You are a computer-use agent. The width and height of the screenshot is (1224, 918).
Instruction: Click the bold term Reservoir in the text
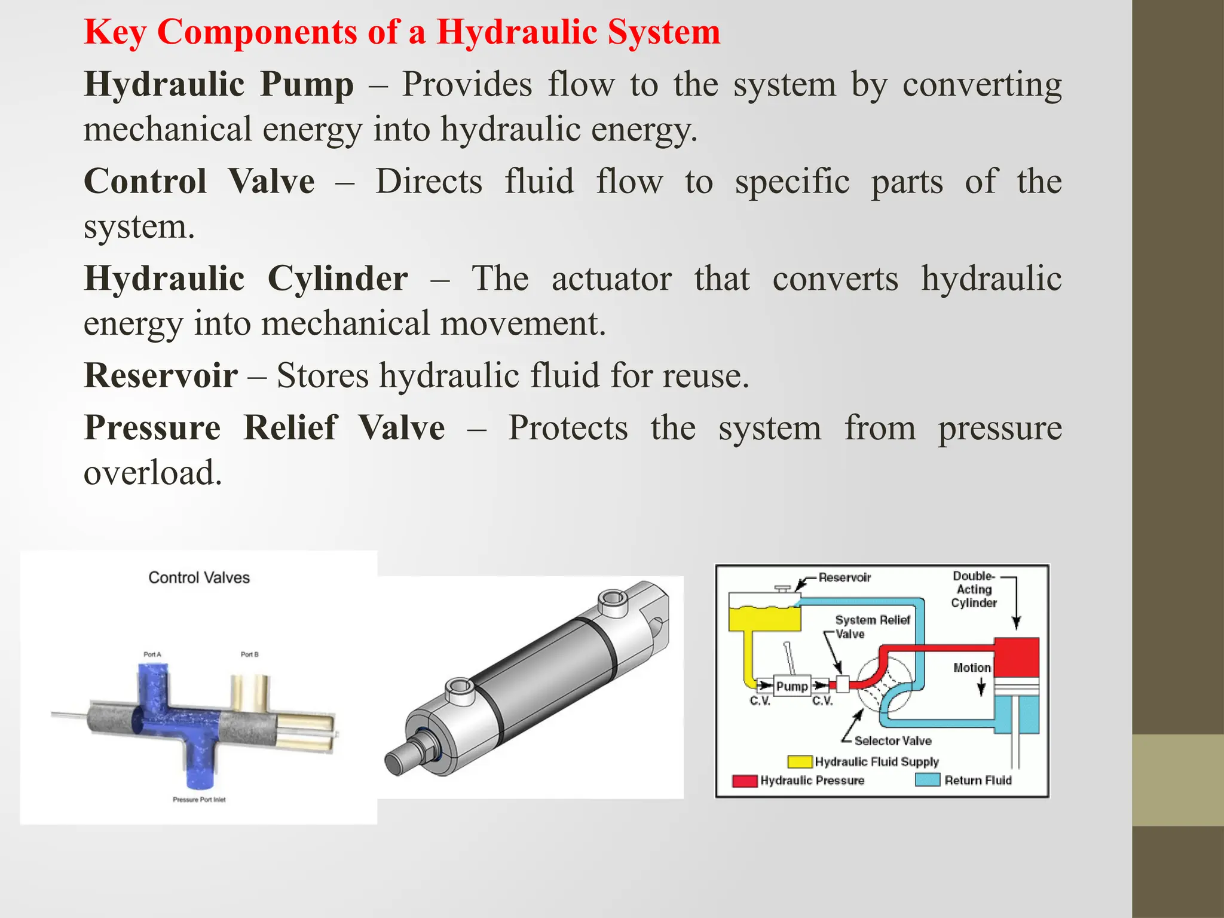(161, 375)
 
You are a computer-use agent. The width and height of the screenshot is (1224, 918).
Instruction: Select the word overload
(152, 473)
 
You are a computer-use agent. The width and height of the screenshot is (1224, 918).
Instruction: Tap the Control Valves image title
(198, 577)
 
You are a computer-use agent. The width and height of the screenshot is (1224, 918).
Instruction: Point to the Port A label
(152, 654)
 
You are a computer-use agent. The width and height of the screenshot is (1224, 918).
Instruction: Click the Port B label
(249, 654)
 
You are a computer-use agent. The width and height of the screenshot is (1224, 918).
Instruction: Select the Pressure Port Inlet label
(199, 800)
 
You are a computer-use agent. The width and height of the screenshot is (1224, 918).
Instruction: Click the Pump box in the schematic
(791, 686)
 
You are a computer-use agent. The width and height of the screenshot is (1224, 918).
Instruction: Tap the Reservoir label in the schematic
(844, 577)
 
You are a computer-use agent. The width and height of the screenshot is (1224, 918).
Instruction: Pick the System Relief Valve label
(871, 626)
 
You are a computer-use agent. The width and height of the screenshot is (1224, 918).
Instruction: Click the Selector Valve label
(892, 740)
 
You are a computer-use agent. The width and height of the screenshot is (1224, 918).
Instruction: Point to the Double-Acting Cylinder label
(974, 589)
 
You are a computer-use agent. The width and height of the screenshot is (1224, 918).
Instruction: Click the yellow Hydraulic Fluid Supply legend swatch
(800, 761)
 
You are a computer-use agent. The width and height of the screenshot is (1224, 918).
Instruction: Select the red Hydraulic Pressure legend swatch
(745, 781)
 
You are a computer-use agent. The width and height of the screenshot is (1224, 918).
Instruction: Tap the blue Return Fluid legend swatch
(928, 780)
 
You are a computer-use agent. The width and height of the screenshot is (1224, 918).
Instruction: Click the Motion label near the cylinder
(971, 668)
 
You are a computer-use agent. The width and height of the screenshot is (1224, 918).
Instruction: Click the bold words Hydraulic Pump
(219, 84)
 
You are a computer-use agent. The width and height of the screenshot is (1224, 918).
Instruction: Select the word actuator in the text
(611, 279)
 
